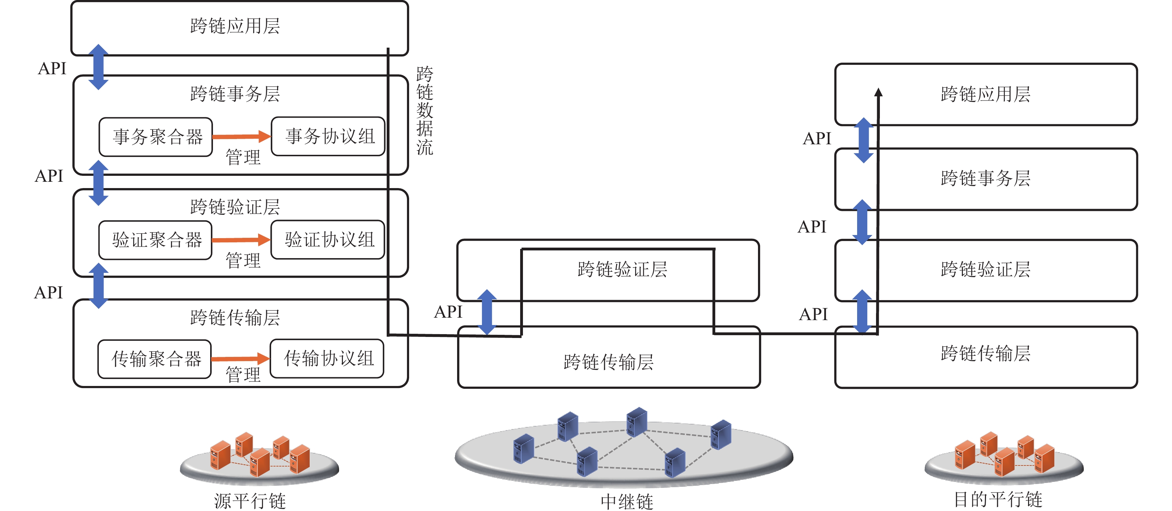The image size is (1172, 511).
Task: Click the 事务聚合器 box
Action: click(156, 137)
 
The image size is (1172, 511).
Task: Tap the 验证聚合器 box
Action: click(155, 240)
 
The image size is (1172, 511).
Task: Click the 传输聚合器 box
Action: click(155, 359)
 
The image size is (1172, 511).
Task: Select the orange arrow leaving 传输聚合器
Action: click(240, 359)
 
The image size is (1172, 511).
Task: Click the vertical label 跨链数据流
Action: click(425, 111)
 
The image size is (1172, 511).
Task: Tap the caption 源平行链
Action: click(250, 500)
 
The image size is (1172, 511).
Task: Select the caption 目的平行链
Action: click(998, 499)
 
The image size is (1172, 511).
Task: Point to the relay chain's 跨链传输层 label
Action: click(608, 362)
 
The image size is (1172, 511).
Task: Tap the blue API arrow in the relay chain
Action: click(487, 312)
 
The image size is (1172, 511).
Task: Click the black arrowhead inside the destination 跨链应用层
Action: click(878, 92)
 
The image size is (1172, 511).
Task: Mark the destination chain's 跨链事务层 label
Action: click(985, 178)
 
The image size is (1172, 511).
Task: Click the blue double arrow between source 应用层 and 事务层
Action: click(98, 67)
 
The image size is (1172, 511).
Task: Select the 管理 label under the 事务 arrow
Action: click(243, 158)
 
